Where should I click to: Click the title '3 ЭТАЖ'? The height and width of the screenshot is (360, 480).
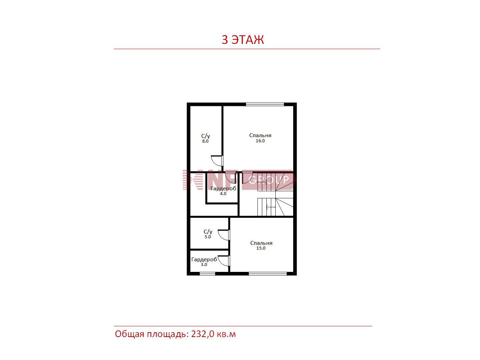[x=242, y=40]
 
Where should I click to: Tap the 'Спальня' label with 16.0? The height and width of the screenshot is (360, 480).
[x=260, y=135]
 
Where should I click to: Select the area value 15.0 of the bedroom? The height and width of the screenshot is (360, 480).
[x=261, y=248]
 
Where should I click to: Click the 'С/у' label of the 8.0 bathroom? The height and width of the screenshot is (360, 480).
[x=206, y=136]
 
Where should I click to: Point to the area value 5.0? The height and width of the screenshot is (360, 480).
[x=207, y=237]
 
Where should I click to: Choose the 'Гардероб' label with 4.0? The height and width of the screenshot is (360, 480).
[x=223, y=189]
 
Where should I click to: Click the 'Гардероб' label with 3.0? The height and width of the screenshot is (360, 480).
[x=204, y=260]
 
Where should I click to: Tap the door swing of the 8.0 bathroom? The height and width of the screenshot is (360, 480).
[x=217, y=161]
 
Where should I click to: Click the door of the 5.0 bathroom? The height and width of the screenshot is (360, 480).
[x=223, y=235]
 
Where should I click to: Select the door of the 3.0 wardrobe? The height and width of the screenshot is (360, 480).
[x=224, y=261]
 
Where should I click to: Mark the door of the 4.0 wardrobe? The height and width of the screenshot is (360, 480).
[x=231, y=178]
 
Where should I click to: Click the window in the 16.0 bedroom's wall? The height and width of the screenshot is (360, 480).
[x=265, y=104]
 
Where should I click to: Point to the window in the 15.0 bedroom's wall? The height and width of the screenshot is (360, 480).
[x=268, y=274]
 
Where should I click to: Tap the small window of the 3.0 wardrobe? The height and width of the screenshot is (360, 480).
[x=207, y=274]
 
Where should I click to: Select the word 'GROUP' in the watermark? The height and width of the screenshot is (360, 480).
[x=269, y=180]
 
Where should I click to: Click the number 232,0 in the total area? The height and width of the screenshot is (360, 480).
[x=203, y=334]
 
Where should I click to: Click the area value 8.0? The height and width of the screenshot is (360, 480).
[x=205, y=141]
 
